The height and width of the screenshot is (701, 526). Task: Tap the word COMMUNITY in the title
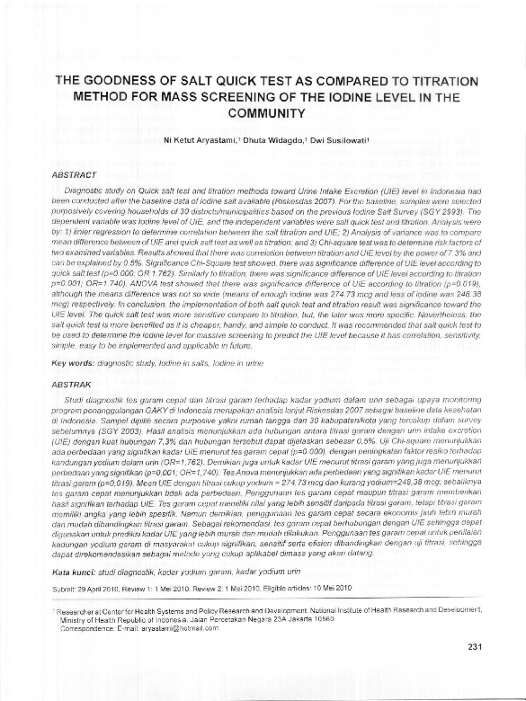(263, 114)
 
